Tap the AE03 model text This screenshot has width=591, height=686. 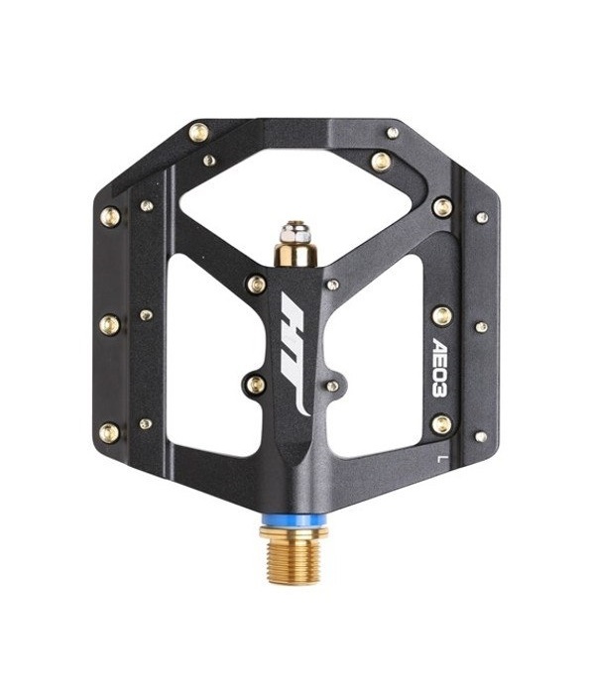[440, 367]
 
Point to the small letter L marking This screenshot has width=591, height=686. [441, 459]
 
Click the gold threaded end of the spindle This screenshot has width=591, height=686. [295, 561]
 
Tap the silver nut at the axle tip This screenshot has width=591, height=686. [296, 233]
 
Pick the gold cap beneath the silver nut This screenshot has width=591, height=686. [295, 255]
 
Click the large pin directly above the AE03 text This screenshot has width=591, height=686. [442, 316]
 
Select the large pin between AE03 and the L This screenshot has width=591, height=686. [441, 424]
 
